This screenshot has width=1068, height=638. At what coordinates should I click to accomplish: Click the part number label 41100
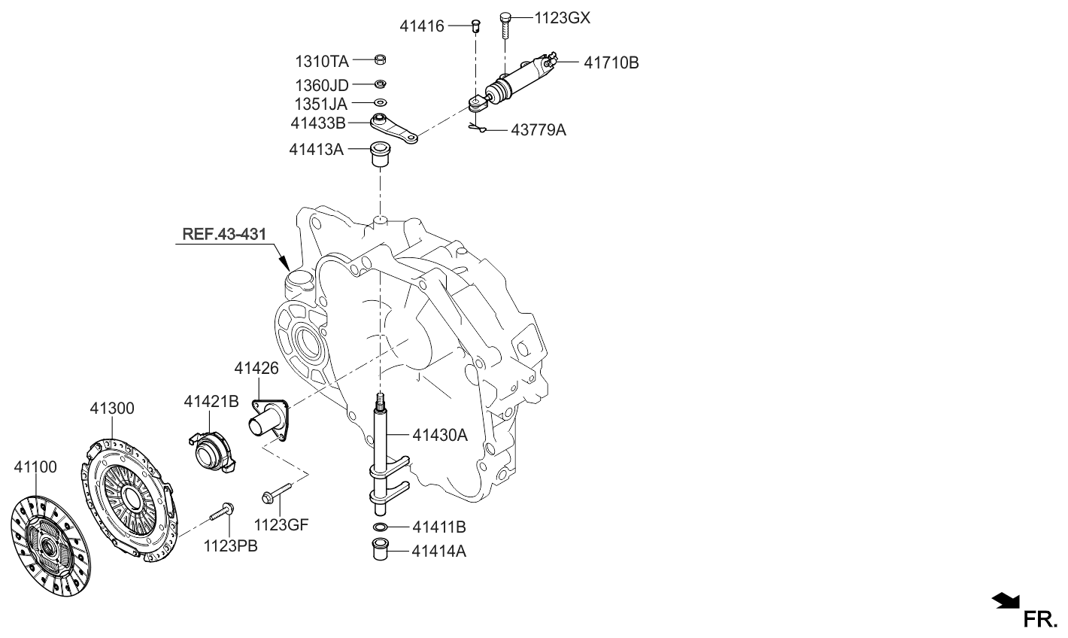(35, 467)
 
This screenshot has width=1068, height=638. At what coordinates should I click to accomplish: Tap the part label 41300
(112, 409)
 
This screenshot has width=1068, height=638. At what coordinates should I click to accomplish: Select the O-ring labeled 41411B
(381, 527)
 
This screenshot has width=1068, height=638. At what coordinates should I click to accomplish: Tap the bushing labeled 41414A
(381, 549)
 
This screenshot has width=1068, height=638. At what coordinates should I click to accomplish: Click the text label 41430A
(439, 434)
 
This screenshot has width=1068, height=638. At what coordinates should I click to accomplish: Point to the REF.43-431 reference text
(223, 235)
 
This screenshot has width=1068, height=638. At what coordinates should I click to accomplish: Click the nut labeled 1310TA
(381, 59)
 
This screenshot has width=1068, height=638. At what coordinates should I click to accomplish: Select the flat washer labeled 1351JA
(381, 102)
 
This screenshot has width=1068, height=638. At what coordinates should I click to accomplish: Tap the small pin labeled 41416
(475, 26)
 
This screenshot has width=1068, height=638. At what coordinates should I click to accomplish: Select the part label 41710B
(611, 63)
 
